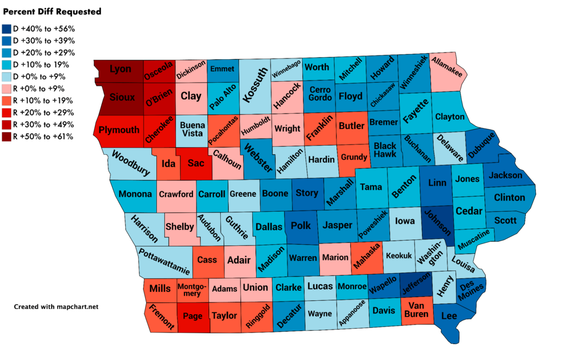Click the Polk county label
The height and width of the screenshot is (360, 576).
pos(301,226)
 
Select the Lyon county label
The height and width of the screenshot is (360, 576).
pos(120,69)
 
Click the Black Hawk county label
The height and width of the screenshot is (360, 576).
pos(385,149)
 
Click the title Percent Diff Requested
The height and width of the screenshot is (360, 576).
pos(52,11)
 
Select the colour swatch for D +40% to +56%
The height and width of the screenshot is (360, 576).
pos(6,29)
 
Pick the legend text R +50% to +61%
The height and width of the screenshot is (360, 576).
pos(43,137)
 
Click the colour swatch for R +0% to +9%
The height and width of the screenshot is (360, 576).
pos(6,89)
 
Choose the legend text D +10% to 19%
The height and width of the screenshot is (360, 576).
pos(43,65)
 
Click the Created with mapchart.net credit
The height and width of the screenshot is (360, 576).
pos(56,307)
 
